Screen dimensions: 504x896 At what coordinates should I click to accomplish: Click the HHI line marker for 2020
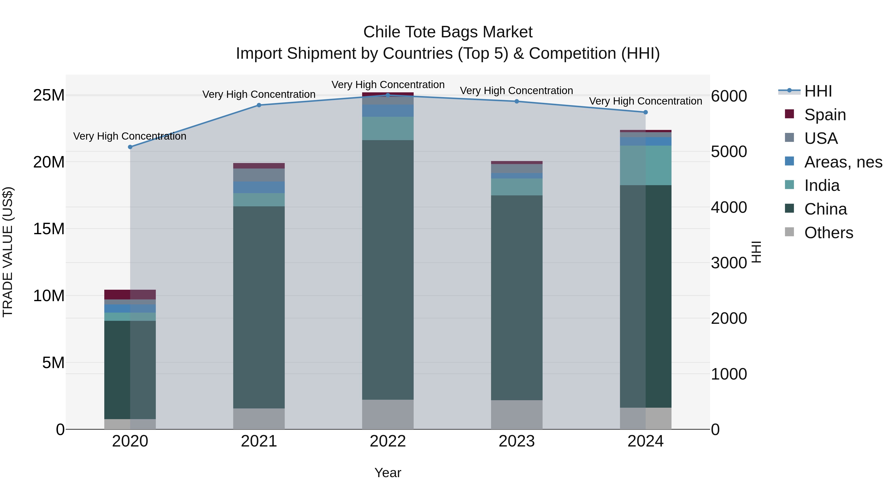(130, 147)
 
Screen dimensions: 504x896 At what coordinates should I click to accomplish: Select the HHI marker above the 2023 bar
(516, 102)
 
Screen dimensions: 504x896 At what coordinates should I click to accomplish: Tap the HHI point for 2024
(646, 112)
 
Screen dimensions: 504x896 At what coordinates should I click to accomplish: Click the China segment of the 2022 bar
(388, 270)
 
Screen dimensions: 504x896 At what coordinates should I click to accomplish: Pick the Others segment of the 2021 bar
(259, 419)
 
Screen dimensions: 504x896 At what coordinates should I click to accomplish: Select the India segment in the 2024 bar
(646, 166)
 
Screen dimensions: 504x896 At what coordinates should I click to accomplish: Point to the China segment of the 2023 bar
(516, 297)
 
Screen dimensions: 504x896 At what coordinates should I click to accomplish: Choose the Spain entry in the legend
(824, 115)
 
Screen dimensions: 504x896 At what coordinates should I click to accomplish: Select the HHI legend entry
(817, 91)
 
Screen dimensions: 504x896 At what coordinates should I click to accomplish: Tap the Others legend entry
(828, 233)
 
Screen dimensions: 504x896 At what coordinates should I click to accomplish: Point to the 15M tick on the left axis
(49, 229)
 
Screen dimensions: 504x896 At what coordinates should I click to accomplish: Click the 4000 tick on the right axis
(729, 207)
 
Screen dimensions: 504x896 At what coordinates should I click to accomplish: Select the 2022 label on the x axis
(388, 441)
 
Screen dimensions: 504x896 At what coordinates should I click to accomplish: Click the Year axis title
(388, 473)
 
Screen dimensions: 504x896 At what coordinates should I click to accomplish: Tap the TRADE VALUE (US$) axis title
(8, 252)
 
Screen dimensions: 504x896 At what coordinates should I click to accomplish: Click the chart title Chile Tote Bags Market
(448, 32)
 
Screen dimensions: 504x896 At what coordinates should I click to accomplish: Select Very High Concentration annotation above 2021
(259, 94)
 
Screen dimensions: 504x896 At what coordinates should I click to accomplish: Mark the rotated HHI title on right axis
(757, 252)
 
